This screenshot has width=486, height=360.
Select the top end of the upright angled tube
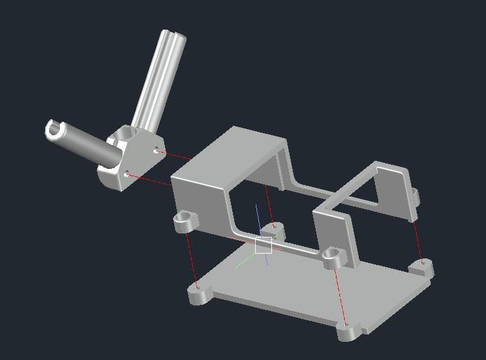coord(174,37)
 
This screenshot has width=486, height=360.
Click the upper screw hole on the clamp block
coord(157,151)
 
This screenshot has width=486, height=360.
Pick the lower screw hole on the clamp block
coord(127,175)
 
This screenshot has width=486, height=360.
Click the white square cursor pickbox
coord(263,246)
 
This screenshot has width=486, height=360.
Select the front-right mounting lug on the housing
coord(331,256)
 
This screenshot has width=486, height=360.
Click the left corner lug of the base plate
coord(198,294)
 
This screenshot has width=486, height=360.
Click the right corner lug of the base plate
coord(421,268)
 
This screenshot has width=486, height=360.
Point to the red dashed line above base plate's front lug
coord(340,296)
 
